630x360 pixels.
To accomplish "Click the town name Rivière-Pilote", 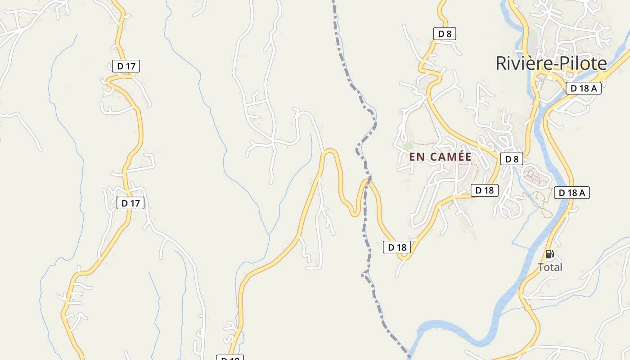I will click(551, 63).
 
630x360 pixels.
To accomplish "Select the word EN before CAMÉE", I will click(416, 157).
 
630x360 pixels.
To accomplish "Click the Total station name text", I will click(550, 267).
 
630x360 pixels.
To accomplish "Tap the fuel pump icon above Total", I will click(549, 254).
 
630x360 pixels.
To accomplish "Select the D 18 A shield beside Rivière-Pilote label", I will click(583, 88).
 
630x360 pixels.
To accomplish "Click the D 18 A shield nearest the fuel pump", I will click(571, 193).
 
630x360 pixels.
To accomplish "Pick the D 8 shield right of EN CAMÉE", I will click(512, 159).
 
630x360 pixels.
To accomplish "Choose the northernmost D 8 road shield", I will click(445, 34).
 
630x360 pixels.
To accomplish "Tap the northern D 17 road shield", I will click(126, 66).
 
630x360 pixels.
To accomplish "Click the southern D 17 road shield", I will click(130, 203).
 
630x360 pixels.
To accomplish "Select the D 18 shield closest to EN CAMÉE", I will click(485, 190).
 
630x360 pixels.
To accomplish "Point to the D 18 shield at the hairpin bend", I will click(397, 247).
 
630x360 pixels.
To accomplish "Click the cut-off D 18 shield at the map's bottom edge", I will click(230, 358).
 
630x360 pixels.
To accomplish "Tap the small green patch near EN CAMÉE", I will click(408, 146).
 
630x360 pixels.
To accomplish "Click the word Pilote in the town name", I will click(580, 63).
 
